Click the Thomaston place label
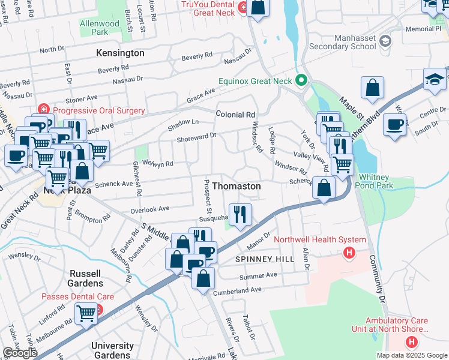[x=237, y=187]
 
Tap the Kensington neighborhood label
[x=120, y=53]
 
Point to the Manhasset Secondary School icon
[x=385, y=41]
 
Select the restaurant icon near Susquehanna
[x=240, y=214]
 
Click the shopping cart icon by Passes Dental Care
[x=86, y=312]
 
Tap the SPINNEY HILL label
[x=265, y=259]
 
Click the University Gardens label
[x=112, y=350]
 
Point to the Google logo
[x=19, y=353]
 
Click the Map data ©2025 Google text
[x=412, y=355]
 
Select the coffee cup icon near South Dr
[x=394, y=124]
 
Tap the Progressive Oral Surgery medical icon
[x=43, y=110]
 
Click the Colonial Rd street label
[x=235, y=114]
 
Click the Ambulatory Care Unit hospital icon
[x=411, y=342]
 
